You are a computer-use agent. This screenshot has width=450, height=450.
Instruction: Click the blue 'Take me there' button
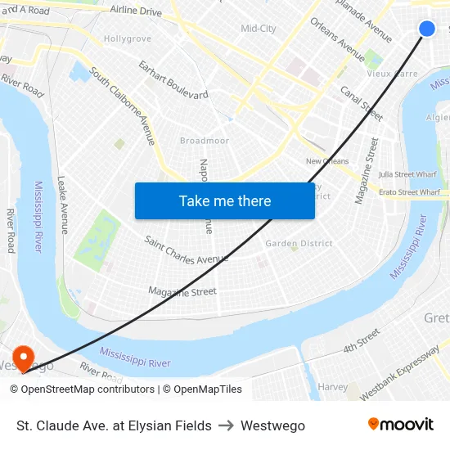coord(224,200)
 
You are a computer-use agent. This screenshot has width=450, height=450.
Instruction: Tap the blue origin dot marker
coord(427,29)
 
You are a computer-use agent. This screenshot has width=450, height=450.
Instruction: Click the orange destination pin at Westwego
coord(23,358)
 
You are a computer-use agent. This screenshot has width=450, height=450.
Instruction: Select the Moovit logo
coord(401,425)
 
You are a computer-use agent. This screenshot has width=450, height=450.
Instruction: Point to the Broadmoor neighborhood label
coord(205,141)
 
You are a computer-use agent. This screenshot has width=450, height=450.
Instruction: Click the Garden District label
coord(299,243)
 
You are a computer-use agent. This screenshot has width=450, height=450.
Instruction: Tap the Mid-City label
coord(259,29)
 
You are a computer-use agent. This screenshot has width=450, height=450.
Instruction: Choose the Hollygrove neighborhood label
coord(128,38)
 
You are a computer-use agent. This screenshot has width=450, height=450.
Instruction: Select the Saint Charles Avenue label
coord(186,250)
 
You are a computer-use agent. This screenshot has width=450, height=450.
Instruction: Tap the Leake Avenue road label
coord(64,205)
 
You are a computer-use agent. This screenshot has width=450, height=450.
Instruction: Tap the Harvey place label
coord(332,386)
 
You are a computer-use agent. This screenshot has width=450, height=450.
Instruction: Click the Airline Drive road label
coord(136,11)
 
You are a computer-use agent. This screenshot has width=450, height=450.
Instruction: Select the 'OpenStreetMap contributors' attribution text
coord(82,389)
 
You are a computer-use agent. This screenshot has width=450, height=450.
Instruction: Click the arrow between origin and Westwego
coord(226,425)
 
